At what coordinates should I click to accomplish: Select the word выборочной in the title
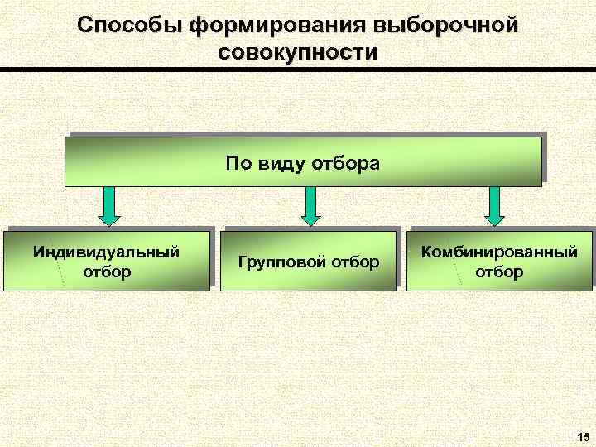tap(446, 25)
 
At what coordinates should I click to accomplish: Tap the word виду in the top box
tap(281, 162)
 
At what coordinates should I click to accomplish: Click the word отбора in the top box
tap(345, 162)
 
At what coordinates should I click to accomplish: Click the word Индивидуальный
tap(107, 252)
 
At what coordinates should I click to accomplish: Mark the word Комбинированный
tap(499, 252)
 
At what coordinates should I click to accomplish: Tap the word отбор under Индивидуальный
tap(107, 271)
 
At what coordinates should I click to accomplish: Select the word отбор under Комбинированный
tap(499, 271)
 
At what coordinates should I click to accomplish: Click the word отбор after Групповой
tap(355, 262)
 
